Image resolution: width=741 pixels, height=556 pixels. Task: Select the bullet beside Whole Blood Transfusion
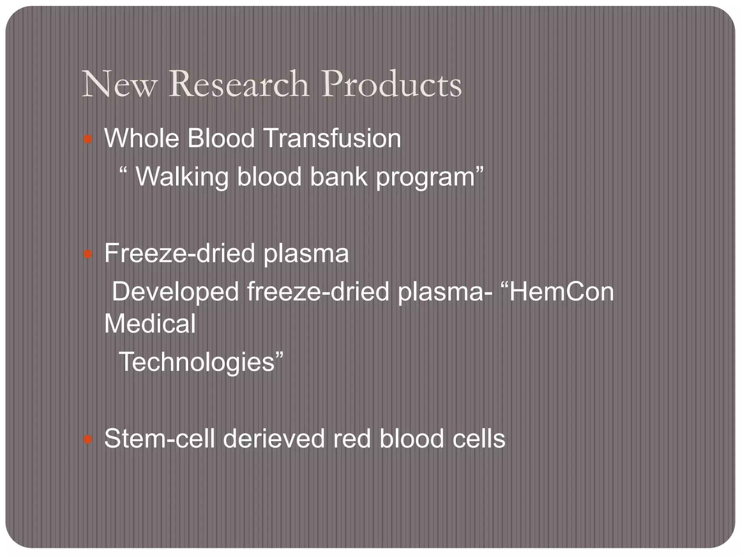88,139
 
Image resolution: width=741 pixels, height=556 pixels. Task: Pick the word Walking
182,177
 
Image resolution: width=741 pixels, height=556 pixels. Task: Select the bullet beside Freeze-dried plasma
88,254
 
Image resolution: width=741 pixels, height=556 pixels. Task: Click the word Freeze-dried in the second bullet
179,253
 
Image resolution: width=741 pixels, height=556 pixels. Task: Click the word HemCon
561,292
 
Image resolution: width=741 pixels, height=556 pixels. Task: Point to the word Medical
150,324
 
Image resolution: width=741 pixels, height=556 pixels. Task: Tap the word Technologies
197,362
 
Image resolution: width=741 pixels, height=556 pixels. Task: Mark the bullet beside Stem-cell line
88,439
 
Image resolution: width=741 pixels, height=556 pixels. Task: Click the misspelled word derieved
274,439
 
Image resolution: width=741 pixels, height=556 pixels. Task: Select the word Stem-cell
159,439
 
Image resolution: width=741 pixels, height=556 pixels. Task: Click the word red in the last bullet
352,439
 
